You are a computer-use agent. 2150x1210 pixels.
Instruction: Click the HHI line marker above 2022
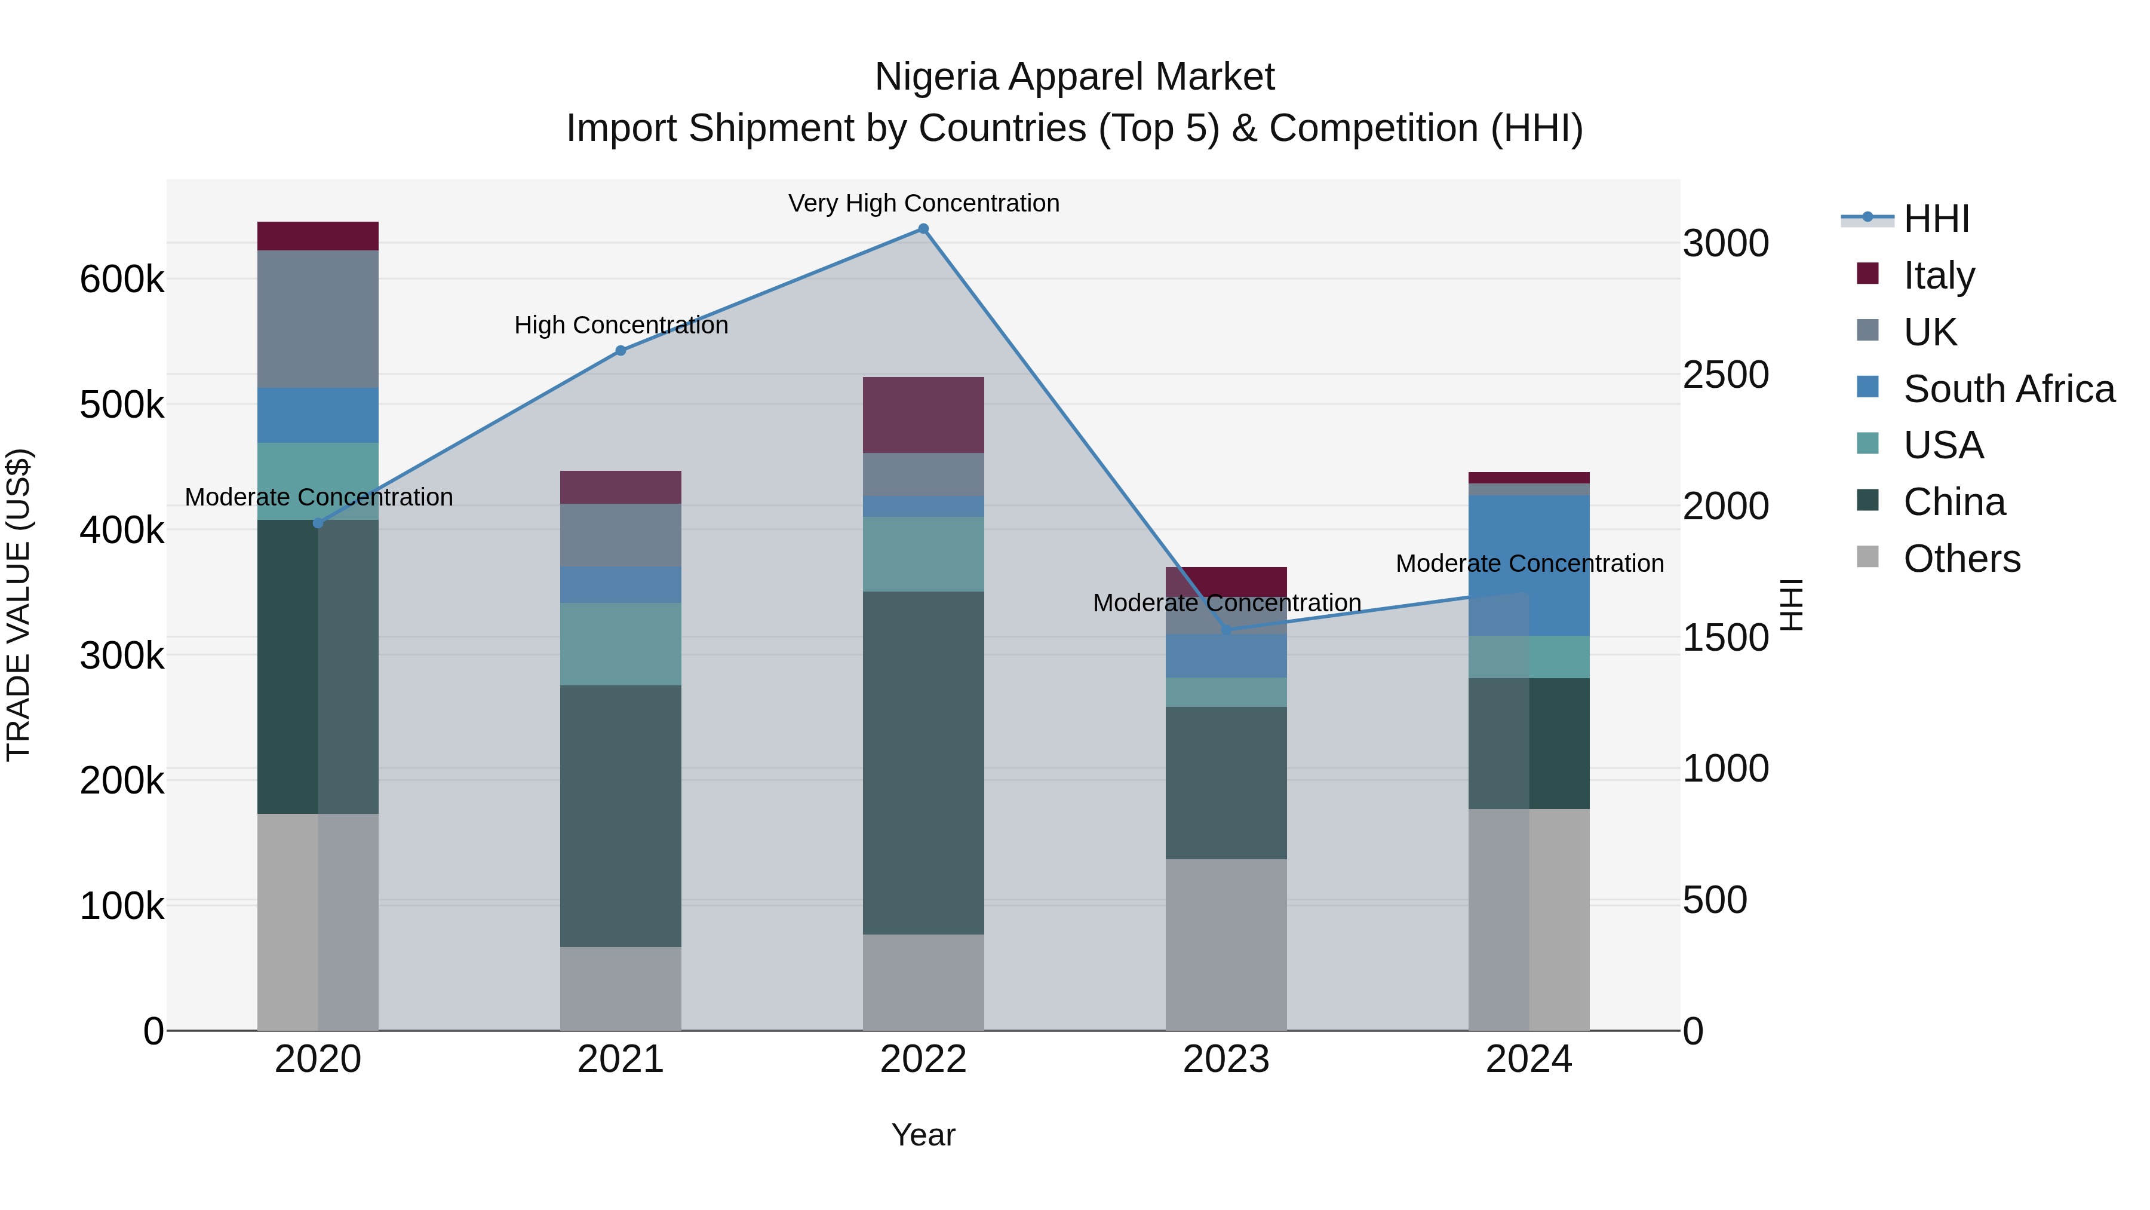point(923,229)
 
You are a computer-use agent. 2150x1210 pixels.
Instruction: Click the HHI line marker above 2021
point(620,351)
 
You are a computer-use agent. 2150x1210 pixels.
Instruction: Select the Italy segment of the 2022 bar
point(923,415)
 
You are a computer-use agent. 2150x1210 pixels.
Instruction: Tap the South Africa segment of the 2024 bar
point(1529,565)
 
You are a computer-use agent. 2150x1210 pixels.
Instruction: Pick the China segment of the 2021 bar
point(620,816)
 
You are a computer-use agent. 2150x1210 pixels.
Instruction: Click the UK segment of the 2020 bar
point(317,319)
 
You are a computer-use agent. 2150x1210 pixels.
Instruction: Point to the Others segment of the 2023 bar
point(1225,945)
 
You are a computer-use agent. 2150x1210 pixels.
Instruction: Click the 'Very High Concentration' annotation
point(923,203)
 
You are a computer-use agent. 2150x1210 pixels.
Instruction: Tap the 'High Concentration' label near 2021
point(620,325)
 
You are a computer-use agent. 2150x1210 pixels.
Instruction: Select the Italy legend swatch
point(1867,274)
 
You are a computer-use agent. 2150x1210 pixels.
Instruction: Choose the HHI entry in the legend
point(1936,219)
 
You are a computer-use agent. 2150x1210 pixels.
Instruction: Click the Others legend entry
point(1961,559)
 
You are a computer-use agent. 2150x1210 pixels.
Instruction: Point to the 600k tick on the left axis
point(122,279)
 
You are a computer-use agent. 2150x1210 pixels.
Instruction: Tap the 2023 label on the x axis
point(1225,1059)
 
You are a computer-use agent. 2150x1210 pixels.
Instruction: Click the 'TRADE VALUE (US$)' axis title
point(19,605)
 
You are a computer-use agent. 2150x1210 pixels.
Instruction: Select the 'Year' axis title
point(923,1135)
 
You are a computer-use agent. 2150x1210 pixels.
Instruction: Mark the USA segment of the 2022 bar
point(923,554)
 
